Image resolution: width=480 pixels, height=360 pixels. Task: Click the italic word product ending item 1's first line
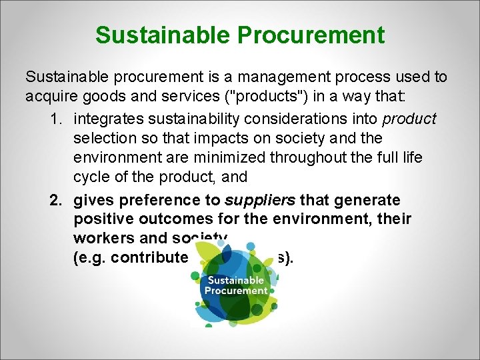(409, 119)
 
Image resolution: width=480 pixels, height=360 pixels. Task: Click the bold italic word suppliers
(261, 200)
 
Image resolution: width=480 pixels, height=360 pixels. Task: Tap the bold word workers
(102, 239)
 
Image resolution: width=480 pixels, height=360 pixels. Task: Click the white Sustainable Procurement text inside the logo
(235, 285)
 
